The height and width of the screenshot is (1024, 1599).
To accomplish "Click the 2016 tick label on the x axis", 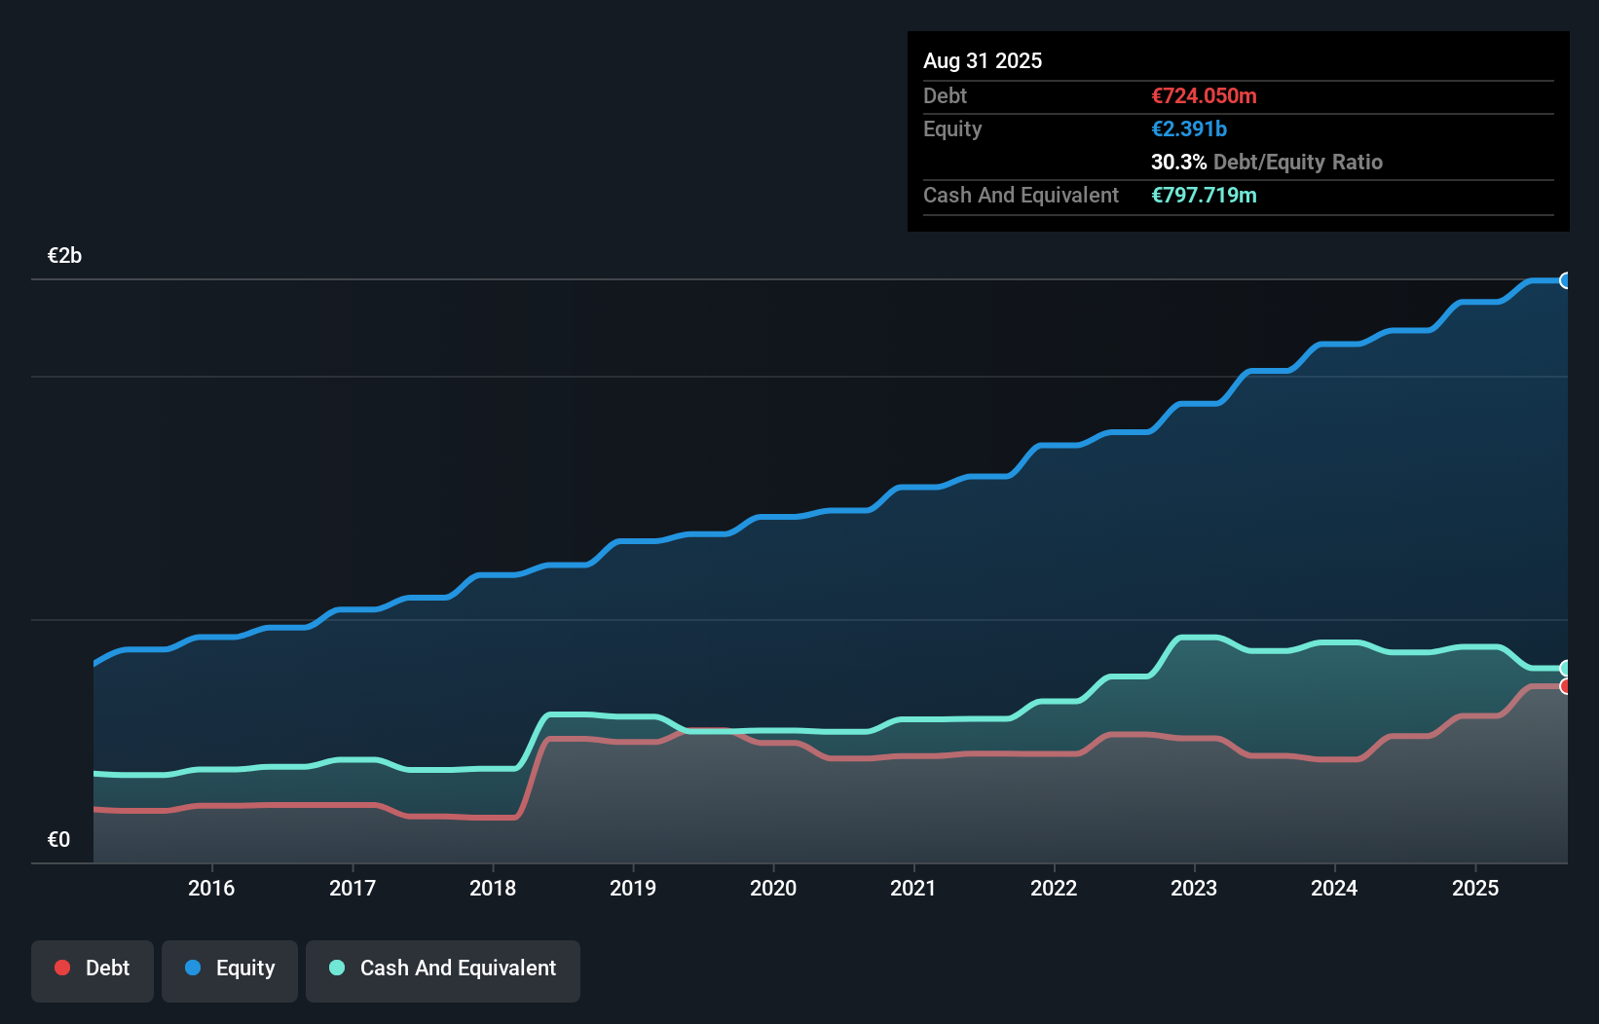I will coord(211,888).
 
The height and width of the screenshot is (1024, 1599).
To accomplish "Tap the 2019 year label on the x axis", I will coord(633,888).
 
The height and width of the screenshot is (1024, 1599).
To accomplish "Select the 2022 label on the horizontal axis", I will coord(1054,888).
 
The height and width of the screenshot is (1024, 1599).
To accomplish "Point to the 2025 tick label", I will coord(1475,888).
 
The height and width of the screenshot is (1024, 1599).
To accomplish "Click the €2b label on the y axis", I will coord(64,256).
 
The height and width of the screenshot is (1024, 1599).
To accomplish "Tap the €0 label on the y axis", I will coord(58,840).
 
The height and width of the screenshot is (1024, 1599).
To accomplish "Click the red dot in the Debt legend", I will coord(62,968).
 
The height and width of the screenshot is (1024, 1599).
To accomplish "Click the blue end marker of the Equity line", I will coord(1566,280).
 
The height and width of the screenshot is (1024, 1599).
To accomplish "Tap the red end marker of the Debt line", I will coord(1566,686).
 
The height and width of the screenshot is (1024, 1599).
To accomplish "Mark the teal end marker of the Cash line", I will coord(1566,668).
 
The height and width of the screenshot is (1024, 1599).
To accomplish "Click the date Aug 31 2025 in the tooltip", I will coord(983,61).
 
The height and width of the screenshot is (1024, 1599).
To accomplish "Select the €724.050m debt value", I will coord(1204,96).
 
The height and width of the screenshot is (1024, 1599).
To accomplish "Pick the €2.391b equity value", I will coord(1189,129).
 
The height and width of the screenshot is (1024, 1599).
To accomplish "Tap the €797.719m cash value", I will coord(1204,196).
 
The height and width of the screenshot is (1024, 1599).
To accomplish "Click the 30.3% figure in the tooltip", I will coord(1178,163).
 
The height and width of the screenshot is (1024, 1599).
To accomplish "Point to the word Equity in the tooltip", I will coord(952,129).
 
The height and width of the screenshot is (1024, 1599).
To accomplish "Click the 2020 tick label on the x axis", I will coord(773,888).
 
